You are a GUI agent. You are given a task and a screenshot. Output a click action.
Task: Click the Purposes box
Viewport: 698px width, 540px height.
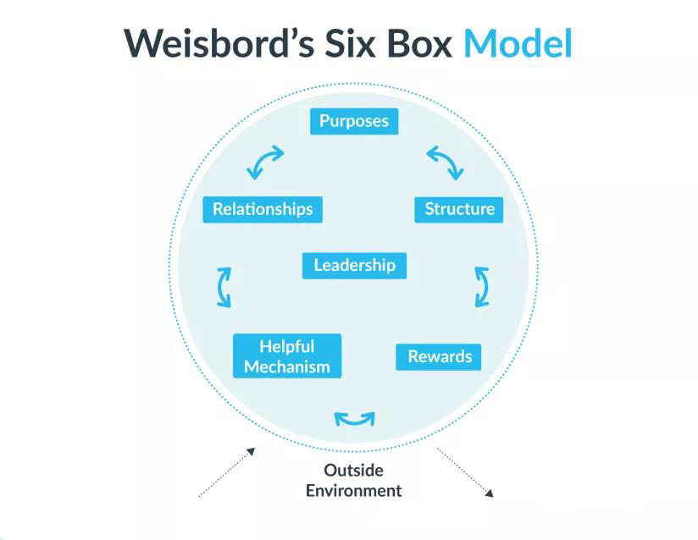[354, 121]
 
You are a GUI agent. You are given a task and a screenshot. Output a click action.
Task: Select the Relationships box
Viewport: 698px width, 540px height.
[263, 209]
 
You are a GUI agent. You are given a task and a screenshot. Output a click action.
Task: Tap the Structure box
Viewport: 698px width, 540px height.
[459, 210]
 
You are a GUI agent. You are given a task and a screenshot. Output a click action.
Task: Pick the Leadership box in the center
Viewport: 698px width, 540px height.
[354, 266]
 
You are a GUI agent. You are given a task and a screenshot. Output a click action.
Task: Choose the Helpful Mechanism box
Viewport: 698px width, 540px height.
[287, 355]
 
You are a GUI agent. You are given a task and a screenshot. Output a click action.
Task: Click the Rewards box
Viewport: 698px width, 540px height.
[439, 356]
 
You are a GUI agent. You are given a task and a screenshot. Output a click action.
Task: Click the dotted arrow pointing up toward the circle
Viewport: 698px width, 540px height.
[226, 472]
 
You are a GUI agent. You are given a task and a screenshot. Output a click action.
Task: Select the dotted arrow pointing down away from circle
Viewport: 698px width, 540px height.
[465, 472]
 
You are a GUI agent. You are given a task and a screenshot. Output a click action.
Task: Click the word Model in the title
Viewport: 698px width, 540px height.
[518, 44]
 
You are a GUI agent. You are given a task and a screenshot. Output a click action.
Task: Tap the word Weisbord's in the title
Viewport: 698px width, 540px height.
[219, 44]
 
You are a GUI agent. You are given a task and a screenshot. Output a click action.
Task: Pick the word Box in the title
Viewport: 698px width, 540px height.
[419, 44]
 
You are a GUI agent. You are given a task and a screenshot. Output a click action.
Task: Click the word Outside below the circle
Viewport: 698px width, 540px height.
[353, 470]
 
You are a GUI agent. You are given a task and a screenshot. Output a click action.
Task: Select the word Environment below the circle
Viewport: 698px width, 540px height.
[353, 491]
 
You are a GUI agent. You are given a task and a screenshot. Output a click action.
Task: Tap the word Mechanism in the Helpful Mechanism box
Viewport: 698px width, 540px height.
[287, 367]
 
